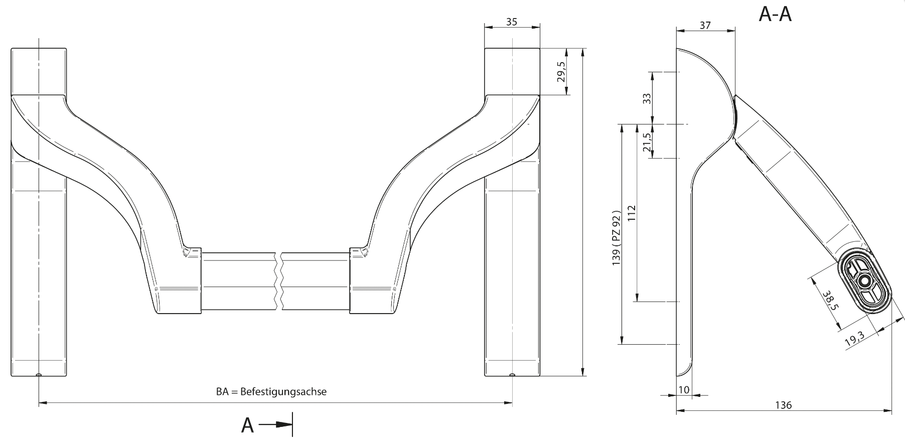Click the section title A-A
tap(775, 14)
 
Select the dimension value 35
tap(512, 22)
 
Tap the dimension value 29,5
tap(561, 72)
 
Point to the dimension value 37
tap(705, 25)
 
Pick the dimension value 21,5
tap(647, 142)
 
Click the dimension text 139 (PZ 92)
tap(617, 238)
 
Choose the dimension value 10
tap(683, 390)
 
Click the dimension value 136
tap(783, 405)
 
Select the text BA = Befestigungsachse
tap(271, 391)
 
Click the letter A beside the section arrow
tap(248, 425)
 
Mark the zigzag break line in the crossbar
tap(278, 281)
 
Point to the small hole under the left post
tap(39, 375)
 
